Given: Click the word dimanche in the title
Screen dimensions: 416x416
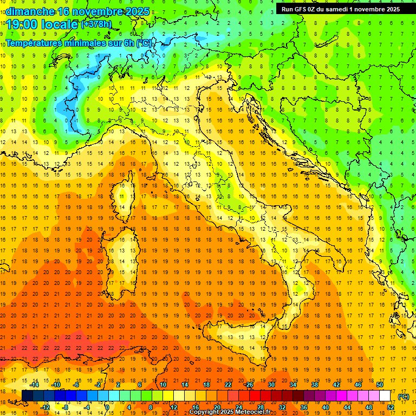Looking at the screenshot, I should [30, 11].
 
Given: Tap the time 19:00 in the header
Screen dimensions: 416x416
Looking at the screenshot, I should [21, 24].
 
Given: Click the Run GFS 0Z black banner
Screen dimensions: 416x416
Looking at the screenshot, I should [340, 9].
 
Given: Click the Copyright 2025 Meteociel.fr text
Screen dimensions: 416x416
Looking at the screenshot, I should [230, 412].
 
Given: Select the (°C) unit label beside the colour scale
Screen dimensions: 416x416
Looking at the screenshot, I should [404, 396].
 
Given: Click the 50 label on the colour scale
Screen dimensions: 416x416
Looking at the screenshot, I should [379, 385].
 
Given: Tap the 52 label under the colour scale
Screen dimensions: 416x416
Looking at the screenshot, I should [390, 407].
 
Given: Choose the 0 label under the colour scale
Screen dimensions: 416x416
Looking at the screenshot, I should [107, 407].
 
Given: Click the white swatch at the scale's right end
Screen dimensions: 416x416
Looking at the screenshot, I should [385, 396].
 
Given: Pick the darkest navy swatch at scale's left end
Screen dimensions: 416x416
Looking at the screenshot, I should [27, 396].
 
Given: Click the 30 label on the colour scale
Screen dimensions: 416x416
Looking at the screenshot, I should [271, 385].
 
